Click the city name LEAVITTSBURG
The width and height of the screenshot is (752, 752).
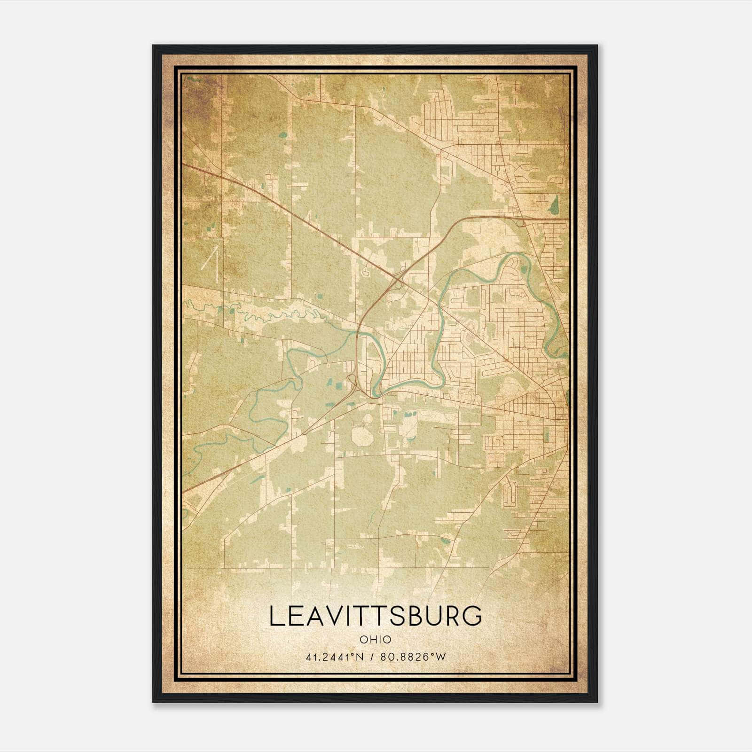point(376,616)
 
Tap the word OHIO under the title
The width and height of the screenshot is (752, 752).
point(376,640)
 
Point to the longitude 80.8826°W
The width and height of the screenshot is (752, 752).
point(413,657)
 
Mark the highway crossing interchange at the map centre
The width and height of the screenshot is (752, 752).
point(398,281)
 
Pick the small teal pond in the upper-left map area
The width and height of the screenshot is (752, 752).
point(282,135)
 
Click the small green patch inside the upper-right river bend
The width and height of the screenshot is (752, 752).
point(524,272)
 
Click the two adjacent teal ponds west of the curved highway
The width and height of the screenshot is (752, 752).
point(339,385)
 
